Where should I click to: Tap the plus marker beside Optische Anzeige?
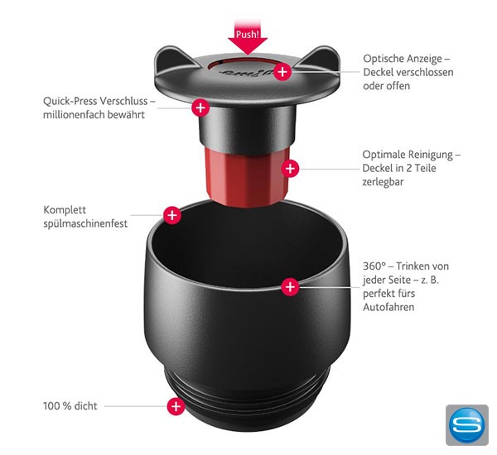tap(282, 72)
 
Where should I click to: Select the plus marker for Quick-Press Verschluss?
tap(200, 107)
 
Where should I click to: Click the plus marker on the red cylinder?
tap(289, 169)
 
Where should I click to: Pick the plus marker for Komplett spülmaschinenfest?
tap(172, 215)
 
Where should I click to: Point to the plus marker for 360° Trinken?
tap(289, 286)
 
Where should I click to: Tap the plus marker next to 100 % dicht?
tap(176, 406)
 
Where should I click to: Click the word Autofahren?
tap(388, 307)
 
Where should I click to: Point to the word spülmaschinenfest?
tap(85, 223)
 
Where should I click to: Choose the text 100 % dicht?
tap(70, 406)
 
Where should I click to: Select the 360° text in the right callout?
tap(374, 266)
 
